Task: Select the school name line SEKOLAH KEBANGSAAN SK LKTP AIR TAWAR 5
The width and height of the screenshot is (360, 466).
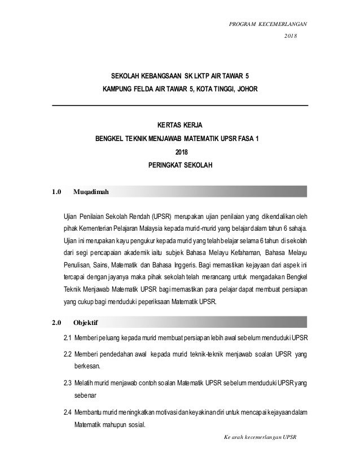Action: tap(179, 75)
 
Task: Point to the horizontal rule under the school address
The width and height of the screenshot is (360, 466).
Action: tap(179, 105)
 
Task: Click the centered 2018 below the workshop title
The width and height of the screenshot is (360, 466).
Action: tap(179, 152)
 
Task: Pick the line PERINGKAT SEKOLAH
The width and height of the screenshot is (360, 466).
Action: tap(179, 166)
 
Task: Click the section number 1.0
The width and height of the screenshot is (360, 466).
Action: tap(56, 192)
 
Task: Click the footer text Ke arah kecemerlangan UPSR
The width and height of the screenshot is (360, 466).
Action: tap(260, 437)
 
